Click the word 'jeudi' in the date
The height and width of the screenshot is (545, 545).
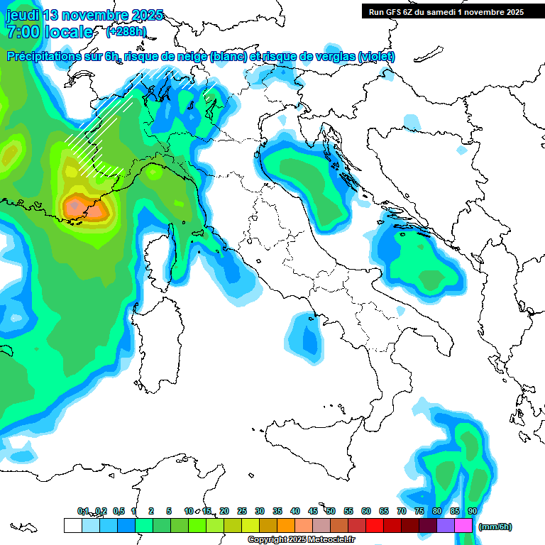[22, 15]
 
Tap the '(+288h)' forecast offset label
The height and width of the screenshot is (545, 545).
[126, 32]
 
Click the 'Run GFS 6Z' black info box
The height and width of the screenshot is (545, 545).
[446, 11]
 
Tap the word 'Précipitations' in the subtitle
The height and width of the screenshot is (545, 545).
[50, 57]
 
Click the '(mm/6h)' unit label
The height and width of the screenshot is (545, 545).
[495, 527]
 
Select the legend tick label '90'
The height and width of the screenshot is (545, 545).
[473, 511]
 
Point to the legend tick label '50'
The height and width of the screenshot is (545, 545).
[331, 511]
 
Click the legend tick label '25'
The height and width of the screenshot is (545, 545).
[242, 511]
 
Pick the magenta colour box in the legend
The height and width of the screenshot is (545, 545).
[463, 525]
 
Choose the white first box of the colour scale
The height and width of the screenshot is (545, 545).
[72, 525]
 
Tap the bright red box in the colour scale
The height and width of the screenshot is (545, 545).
[375, 525]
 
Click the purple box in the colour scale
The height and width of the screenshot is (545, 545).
[446, 525]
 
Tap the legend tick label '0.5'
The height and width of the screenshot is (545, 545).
[119, 511]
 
